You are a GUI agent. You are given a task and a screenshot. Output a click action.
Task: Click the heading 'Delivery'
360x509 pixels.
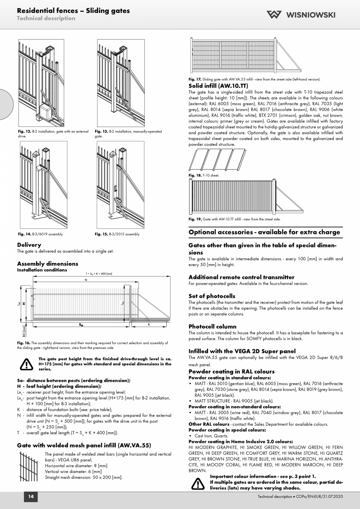coord(29,245)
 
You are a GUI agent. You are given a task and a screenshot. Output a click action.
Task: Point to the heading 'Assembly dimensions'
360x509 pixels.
coord(47,264)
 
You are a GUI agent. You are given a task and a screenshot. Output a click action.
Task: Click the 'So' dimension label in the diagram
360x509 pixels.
coord(81,325)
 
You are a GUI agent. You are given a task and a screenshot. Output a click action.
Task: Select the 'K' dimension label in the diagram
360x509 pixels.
coord(149,325)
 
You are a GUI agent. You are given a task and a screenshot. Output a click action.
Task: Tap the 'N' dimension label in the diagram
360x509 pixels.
coord(86,280)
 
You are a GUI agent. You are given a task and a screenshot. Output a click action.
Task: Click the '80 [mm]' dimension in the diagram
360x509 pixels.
coord(24,331)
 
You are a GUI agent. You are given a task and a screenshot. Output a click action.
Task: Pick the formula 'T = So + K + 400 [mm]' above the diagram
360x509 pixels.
coord(99,273)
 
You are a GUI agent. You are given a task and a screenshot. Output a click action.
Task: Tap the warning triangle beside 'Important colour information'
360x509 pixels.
coord(198,484)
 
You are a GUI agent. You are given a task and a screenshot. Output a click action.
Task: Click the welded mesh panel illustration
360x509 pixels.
coord(28,466)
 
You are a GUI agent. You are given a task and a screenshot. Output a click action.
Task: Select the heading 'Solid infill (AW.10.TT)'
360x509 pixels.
coord(218,86)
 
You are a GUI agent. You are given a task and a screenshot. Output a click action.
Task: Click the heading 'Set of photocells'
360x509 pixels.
coord(212,296)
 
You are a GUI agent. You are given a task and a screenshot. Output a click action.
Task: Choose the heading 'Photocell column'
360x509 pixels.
coord(212,326)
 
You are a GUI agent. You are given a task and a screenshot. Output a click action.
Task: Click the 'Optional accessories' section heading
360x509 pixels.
coord(264,232)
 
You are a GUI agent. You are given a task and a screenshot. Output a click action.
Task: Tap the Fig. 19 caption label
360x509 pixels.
coord(195,219)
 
